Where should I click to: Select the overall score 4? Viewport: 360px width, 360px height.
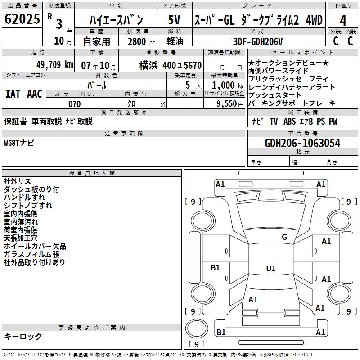point(343,20)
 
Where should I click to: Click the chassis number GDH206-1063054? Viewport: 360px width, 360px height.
point(302,144)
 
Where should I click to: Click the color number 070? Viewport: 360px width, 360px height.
point(74,104)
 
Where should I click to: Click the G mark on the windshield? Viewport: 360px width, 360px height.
point(284,237)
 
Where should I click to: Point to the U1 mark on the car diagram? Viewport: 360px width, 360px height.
point(271,269)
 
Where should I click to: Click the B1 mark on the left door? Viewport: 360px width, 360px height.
point(216,268)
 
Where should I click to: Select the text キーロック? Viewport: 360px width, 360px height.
point(23,337)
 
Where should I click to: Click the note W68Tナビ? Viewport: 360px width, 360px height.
point(19,143)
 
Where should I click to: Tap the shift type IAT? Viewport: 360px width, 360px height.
point(13,94)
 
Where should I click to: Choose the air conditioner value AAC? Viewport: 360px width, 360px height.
point(35,94)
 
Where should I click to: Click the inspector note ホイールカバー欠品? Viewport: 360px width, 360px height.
point(35,246)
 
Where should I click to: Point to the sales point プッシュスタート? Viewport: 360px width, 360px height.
point(274,95)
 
